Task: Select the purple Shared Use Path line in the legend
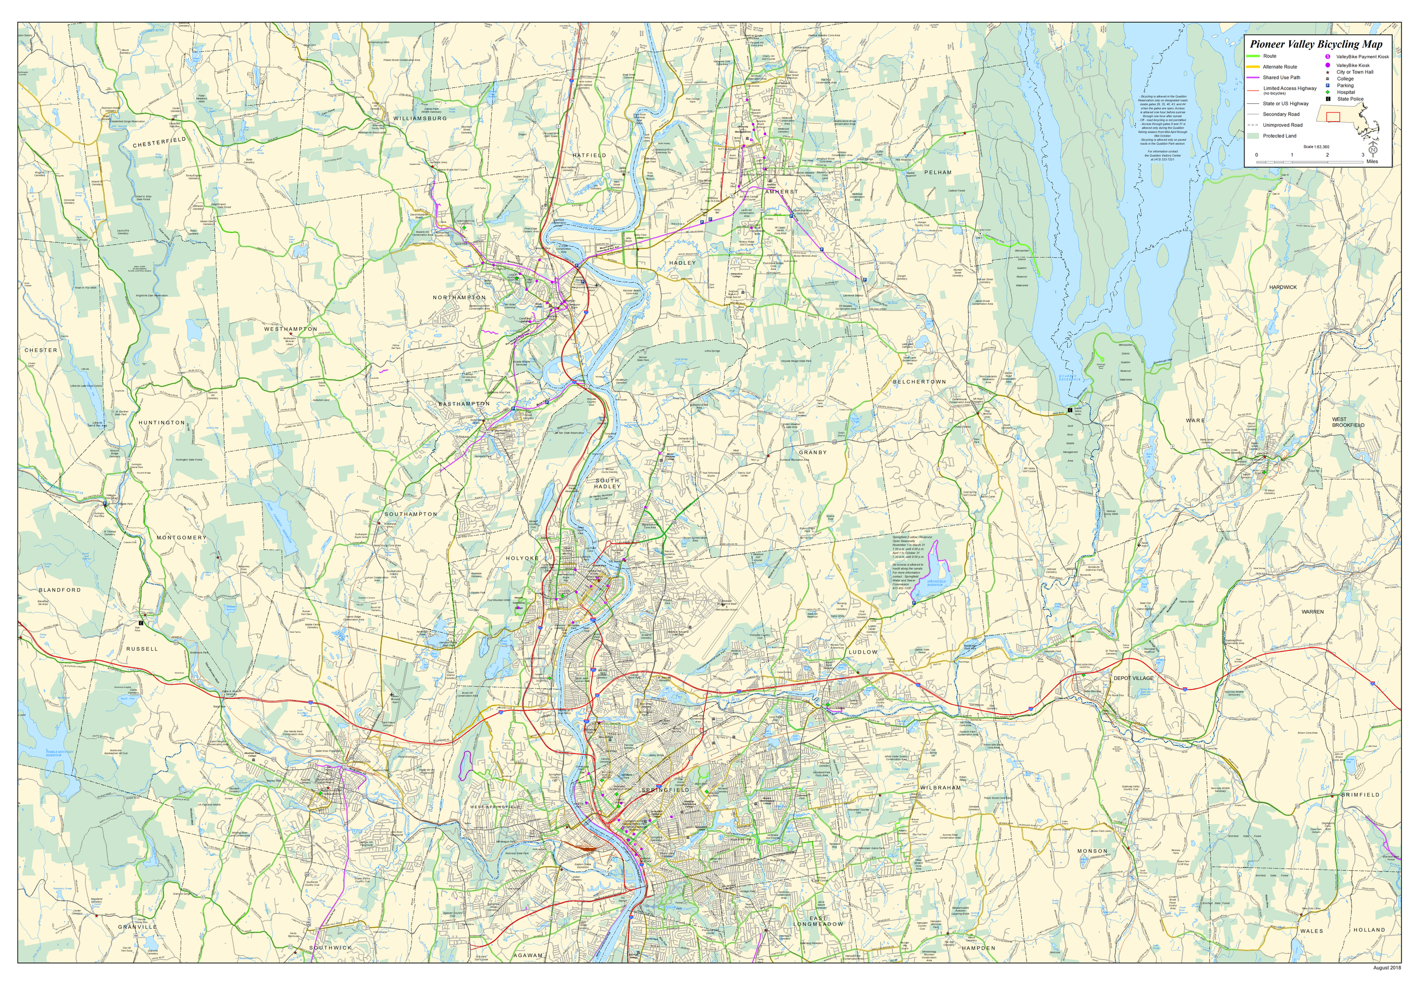pyautogui.click(x=1253, y=78)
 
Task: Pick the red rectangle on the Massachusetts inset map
pyautogui.click(x=1333, y=116)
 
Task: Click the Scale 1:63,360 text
pyautogui.click(x=1316, y=147)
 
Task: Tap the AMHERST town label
pyautogui.click(x=781, y=192)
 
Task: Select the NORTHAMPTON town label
pyautogui.click(x=459, y=298)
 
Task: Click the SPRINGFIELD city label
pyautogui.click(x=665, y=790)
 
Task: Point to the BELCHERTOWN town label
pyautogui.click(x=919, y=382)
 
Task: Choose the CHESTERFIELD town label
pyautogui.click(x=159, y=142)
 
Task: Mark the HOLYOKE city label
pyautogui.click(x=522, y=558)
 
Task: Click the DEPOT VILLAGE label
pyautogui.click(x=1134, y=678)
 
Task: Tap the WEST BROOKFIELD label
pyautogui.click(x=1348, y=422)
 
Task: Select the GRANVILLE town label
pyautogui.click(x=137, y=927)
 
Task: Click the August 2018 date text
pyautogui.click(x=1387, y=968)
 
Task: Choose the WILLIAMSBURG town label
pyautogui.click(x=420, y=118)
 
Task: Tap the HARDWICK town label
pyautogui.click(x=1283, y=287)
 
